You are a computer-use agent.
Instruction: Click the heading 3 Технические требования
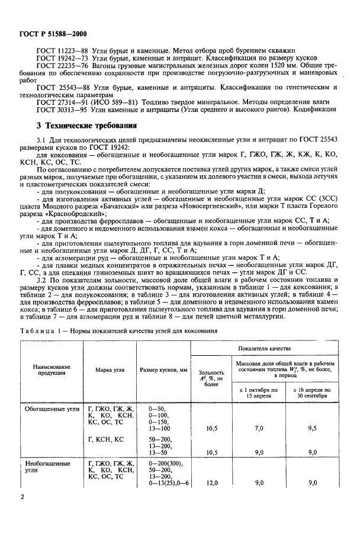tap(86, 126)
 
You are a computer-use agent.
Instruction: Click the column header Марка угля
tap(110, 370)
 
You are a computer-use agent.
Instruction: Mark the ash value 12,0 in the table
tap(211, 482)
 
